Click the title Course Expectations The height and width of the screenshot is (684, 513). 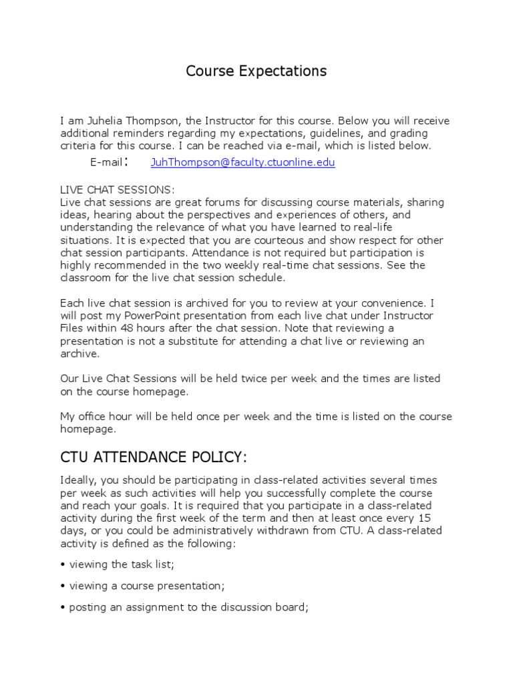click(256, 71)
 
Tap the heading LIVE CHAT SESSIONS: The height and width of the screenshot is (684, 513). click(118, 190)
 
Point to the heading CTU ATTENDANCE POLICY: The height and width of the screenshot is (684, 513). click(154, 457)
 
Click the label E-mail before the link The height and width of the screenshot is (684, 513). click(106, 162)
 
